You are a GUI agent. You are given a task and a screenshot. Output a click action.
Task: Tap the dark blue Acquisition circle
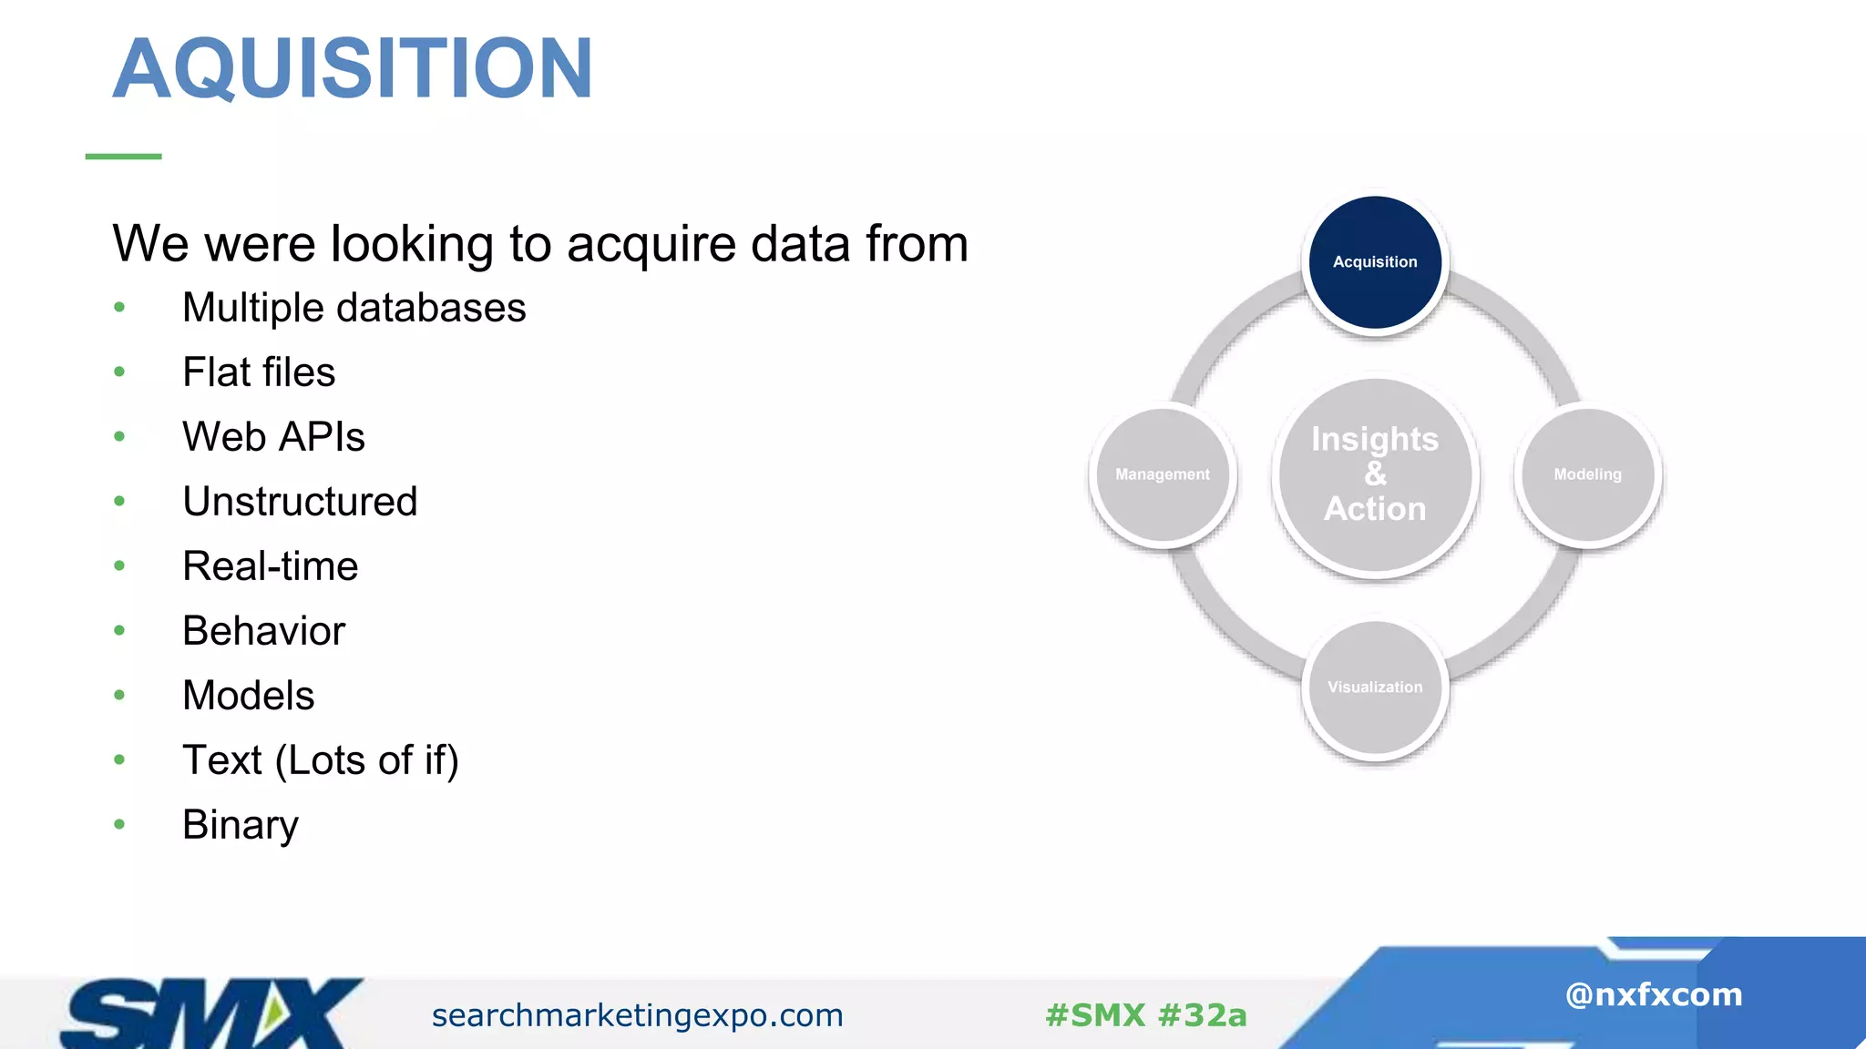point(1375,262)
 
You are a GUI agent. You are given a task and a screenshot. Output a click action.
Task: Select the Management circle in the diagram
point(1163,474)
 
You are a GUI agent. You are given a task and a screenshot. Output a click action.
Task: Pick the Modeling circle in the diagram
point(1587,474)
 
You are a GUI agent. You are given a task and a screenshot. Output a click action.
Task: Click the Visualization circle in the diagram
point(1375,687)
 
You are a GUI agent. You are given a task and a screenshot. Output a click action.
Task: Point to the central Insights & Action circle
point(1375,474)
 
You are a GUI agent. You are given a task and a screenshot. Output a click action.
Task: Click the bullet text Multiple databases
point(354,308)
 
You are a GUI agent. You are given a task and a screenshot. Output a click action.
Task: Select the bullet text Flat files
point(259,372)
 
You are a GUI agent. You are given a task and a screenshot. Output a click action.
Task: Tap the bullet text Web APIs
point(273,437)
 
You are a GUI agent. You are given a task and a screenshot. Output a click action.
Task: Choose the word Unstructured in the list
point(300,502)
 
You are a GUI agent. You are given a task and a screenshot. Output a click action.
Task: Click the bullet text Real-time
point(270,566)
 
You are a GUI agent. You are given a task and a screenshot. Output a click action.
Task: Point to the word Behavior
point(263,631)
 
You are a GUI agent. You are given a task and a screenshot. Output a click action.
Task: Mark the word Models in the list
point(248,696)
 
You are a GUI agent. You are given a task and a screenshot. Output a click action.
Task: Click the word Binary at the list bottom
point(240,825)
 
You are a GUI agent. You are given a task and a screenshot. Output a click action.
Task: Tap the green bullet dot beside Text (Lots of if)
point(119,759)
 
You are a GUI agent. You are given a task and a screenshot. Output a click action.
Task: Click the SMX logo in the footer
point(210,1013)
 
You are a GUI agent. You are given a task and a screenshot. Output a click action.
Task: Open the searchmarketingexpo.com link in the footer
point(637,1015)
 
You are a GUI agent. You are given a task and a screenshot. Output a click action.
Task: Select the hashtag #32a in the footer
point(1203,1015)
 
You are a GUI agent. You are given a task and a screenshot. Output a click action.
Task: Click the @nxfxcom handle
point(1653,994)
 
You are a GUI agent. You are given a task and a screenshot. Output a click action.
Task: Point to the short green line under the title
point(123,157)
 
